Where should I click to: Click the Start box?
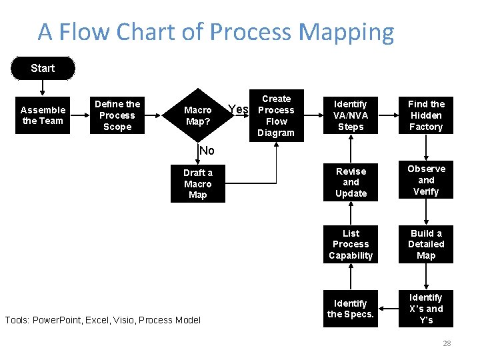click(43, 68)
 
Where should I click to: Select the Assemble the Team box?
click(43, 115)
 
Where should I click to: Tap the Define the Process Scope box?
click(117, 115)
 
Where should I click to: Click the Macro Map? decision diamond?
click(197, 115)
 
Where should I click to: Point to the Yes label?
click(238, 109)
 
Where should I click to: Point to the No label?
click(207, 151)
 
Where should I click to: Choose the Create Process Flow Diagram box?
click(276, 115)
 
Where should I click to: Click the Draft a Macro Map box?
click(197, 184)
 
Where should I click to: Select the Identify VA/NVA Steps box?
click(351, 115)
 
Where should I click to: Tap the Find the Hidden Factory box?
click(426, 115)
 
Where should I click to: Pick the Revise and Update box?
click(351, 182)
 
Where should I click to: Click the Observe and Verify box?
click(426, 180)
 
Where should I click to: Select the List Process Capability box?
click(351, 245)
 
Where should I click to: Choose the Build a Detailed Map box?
click(426, 245)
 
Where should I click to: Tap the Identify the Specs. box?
click(351, 309)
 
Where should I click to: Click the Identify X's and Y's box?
click(426, 309)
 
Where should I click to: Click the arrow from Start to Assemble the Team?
click(43, 88)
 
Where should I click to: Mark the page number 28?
click(447, 343)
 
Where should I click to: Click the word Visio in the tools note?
click(137, 320)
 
